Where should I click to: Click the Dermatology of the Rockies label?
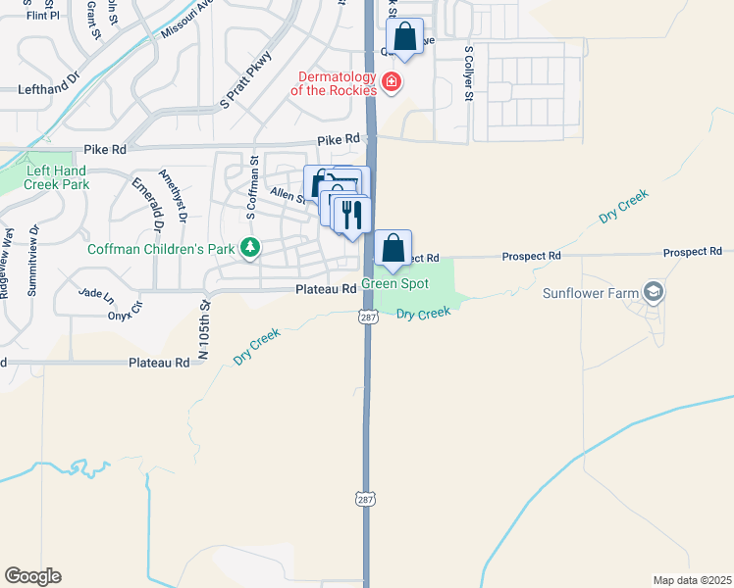pos(333,83)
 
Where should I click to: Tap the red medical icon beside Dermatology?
pos(392,81)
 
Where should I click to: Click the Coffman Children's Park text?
pos(161,249)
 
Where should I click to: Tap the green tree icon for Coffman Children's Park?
pos(251,249)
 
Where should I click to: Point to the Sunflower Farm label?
pos(590,292)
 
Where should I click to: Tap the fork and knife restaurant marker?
pos(351,214)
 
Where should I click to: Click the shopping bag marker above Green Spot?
pos(393,248)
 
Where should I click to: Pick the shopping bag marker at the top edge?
pos(404,37)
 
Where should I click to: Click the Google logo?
pos(32,576)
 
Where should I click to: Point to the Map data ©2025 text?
pos(692,580)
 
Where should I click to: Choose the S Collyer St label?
pos(469,73)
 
